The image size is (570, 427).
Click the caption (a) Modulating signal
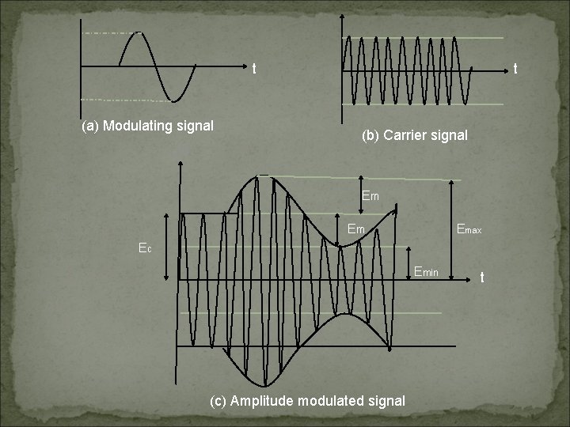(147, 125)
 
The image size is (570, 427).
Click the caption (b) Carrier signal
(414, 135)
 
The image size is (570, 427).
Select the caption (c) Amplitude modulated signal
(307, 401)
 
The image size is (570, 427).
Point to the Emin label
(431, 273)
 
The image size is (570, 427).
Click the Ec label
(144, 248)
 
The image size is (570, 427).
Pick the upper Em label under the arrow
(370, 195)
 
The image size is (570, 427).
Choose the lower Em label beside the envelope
(356, 230)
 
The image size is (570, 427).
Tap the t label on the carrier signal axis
(515, 70)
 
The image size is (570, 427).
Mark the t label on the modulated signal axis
(482, 278)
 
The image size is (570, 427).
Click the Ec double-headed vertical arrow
(165, 245)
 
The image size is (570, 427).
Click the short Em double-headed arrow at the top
(360, 195)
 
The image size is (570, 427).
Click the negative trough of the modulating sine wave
(179, 100)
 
